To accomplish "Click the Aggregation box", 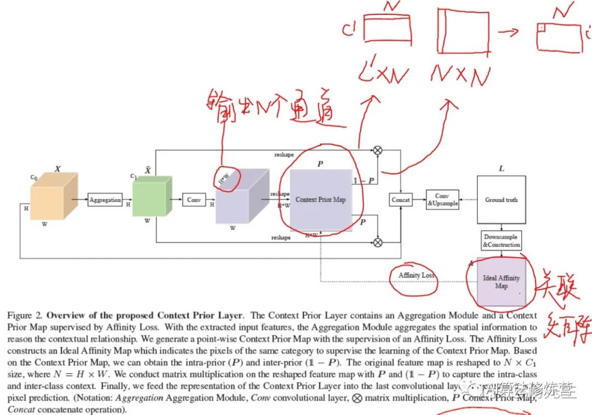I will [x=105, y=200].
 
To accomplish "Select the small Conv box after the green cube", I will [x=193, y=200].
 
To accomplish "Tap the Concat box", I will [x=401, y=200].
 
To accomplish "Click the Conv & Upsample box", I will [x=442, y=200].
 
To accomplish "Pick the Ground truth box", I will [x=501, y=200].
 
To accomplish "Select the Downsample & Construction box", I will [x=501, y=241].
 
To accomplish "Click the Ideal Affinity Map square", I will [x=501, y=282].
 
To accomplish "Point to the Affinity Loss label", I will [x=417, y=275].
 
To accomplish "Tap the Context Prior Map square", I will [x=321, y=200].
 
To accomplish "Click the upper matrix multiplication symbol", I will [x=378, y=150].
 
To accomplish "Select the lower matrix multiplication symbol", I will [x=378, y=241].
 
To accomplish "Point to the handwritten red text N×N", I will [x=460, y=75].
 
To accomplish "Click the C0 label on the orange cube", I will [x=33, y=177].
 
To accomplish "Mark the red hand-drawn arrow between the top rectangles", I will [x=509, y=31].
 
